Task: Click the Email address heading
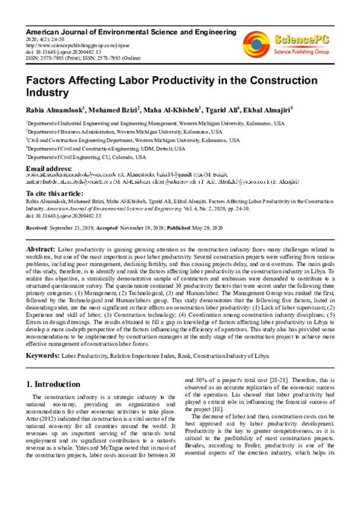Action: coord(49,167)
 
